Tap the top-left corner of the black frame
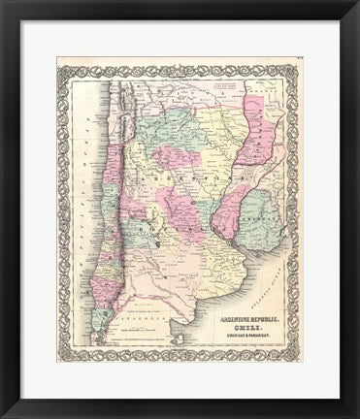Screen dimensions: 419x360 3,3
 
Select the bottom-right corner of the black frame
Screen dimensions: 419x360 356,415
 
